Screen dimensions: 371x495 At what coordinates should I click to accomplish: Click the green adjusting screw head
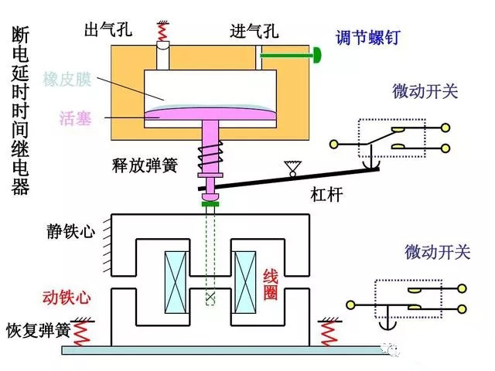click(x=317, y=55)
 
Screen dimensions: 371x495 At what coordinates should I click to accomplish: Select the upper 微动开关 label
click(x=425, y=92)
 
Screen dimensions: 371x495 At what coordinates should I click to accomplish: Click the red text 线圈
click(x=271, y=286)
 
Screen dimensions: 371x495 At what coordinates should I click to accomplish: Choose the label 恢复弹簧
click(x=38, y=328)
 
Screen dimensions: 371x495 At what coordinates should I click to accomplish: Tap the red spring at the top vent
click(x=163, y=31)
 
